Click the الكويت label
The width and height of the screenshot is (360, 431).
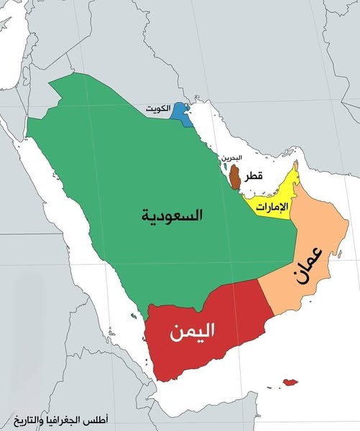point(162,108)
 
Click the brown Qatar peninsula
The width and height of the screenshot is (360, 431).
point(235,175)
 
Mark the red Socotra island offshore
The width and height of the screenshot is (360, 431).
point(290,382)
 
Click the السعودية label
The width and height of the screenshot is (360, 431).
point(172,215)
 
